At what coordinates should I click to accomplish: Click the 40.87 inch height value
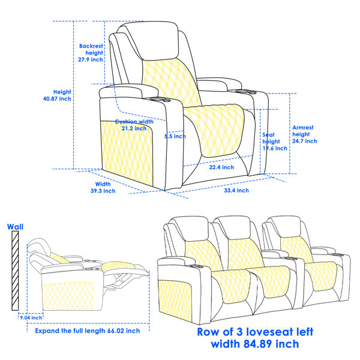point(57,99)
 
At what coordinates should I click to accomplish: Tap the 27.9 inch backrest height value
point(91,59)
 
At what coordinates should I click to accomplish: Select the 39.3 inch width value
point(103,191)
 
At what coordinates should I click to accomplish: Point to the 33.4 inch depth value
point(236,190)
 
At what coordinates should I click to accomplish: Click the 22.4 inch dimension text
point(221,167)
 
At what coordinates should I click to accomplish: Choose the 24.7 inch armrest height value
point(305,141)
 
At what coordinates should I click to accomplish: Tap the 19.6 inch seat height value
point(275,148)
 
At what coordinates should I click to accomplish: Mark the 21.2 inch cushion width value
point(134,128)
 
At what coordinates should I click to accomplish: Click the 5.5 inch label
point(175,136)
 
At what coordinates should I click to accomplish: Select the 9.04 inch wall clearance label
point(31,317)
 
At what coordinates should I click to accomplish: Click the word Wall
point(15,227)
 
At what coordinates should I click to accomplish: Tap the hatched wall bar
point(15,271)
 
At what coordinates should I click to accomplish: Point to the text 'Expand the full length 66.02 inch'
point(88,331)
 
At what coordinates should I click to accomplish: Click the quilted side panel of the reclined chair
point(68,296)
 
